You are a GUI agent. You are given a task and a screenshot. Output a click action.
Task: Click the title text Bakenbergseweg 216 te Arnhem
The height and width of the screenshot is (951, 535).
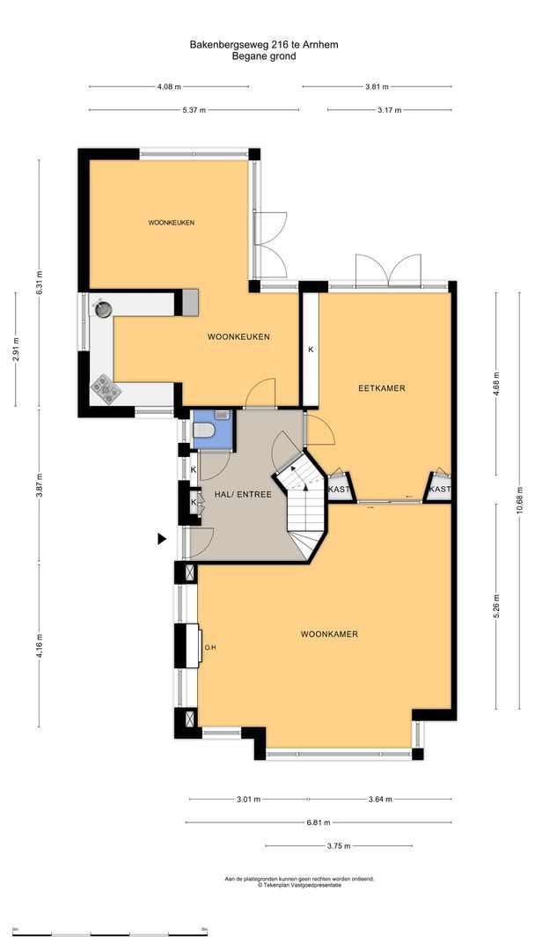(264, 43)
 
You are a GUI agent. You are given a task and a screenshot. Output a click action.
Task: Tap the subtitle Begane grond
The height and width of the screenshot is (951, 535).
(264, 55)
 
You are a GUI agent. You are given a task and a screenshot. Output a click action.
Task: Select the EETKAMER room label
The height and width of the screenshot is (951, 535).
(381, 388)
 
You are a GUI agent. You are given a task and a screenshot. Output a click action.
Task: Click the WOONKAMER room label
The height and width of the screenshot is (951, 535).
(329, 634)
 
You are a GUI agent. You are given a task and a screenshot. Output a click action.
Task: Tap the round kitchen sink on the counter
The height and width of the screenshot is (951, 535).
(102, 308)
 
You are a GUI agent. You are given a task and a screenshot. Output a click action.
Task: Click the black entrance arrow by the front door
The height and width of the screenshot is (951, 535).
(162, 539)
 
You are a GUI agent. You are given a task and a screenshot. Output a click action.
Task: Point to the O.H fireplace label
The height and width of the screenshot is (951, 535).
(210, 648)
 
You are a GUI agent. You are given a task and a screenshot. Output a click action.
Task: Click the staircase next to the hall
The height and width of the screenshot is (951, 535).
(306, 511)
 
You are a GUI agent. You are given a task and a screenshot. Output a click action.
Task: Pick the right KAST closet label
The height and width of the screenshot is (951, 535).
(440, 490)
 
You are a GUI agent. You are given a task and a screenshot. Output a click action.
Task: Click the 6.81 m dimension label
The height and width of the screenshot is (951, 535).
(319, 822)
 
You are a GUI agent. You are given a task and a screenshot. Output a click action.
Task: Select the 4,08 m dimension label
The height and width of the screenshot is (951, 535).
(169, 87)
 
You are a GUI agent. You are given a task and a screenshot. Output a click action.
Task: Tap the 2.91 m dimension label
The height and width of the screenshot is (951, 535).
(16, 349)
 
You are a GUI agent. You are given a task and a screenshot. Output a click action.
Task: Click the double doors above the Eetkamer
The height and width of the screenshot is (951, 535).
(388, 269)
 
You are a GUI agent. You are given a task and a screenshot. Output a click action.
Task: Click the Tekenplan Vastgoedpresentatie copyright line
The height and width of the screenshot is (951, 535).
(299, 886)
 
